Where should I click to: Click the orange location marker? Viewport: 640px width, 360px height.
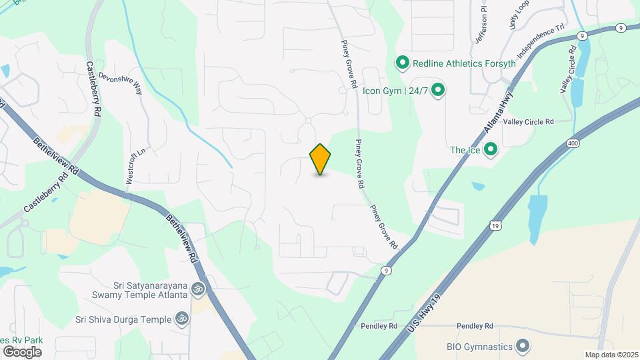click(x=321, y=159)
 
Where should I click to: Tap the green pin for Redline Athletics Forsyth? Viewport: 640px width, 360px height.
click(x=402, y=63)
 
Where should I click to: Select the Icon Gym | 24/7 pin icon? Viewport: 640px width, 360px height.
click(x=438, y=89)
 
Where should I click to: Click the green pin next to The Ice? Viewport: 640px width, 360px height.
click(x=491, y=150)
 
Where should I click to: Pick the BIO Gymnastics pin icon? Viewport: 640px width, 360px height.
click(x=523, y=346)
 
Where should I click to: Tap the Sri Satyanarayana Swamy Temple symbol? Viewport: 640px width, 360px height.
click(x=197, y=289)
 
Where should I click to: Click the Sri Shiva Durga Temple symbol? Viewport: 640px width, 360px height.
click(x=181, y=319)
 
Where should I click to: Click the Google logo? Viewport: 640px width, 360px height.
click(x=21, y=351)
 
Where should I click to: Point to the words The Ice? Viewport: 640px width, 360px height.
click(x=465, y=150)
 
